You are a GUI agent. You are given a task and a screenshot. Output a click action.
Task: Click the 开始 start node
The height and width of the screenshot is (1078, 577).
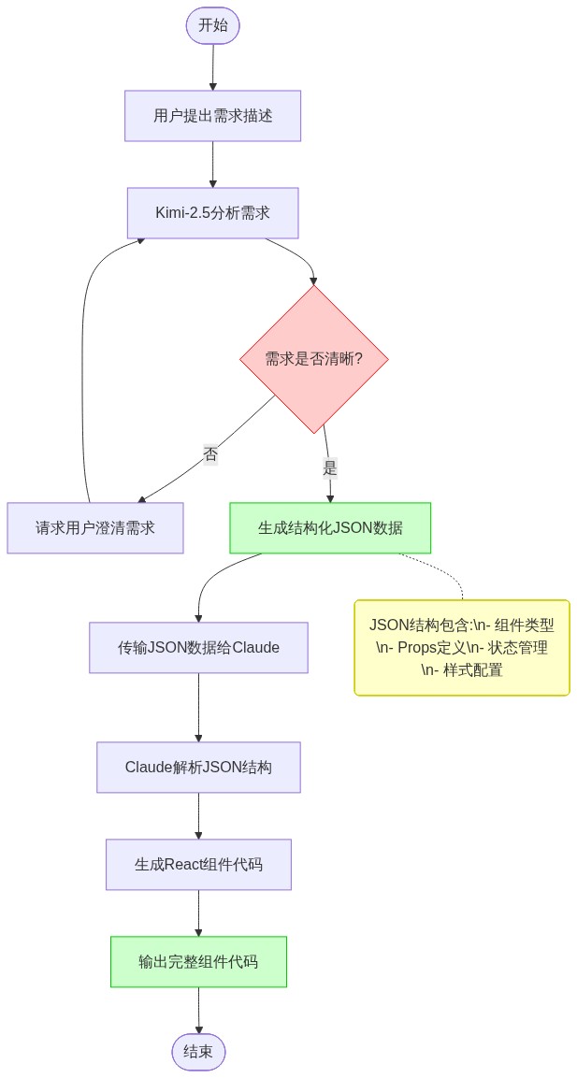(x=213, y=25)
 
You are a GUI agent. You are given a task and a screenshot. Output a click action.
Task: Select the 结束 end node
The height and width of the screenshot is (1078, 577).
(x=198, y=1052)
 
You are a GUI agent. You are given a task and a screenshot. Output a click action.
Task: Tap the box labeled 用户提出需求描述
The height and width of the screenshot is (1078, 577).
(x=213, y=116)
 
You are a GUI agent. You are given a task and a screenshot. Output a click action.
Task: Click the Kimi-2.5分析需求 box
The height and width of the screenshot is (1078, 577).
(x=213, y=213)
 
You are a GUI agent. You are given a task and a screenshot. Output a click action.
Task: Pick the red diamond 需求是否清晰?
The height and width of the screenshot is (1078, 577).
(x=314, y=359)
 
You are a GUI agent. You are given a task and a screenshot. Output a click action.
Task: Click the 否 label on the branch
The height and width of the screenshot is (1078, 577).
(x=210, y=454)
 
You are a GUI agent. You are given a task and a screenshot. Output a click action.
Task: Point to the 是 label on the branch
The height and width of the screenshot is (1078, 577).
(x=329, y=468)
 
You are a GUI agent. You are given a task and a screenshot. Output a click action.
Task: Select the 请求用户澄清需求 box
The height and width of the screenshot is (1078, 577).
(x=95, y=528)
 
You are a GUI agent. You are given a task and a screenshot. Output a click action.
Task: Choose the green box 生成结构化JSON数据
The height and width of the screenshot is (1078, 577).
(x=330, y=528)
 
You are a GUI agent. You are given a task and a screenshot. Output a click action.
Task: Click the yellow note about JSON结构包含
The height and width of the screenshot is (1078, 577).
(x=462, y=648)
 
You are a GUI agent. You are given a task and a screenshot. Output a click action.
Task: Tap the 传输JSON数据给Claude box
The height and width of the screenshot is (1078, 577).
(x=198, y=648)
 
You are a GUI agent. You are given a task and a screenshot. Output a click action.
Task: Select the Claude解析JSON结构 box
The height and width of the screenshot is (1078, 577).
(x=198, y=768)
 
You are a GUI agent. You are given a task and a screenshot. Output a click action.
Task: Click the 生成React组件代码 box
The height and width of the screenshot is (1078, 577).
(x=198, y=865)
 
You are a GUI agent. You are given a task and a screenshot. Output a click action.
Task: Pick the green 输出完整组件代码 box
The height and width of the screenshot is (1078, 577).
(x=198, y=962)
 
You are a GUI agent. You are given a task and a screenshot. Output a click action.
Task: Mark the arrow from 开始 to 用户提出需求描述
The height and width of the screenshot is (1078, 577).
(x=213, y=67)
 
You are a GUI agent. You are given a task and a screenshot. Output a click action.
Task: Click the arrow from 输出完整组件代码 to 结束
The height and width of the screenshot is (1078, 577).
(x=198, y=1010)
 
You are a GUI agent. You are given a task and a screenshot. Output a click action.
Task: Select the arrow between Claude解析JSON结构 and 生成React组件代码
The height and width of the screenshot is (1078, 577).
(x=198, y=815)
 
